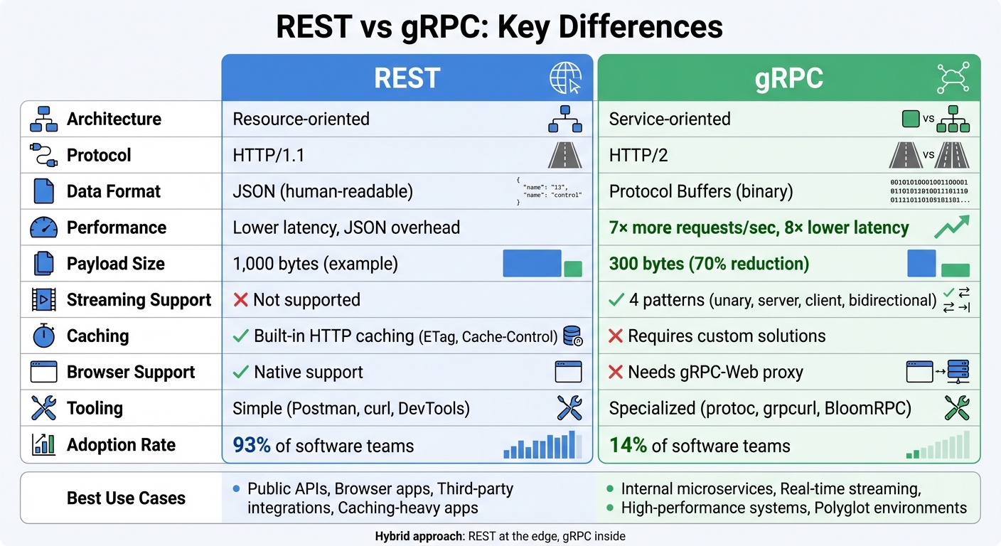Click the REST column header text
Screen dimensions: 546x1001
[x=407, y=77]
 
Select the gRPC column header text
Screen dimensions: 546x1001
[x=788, y=77]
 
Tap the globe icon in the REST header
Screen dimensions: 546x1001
[x=565, y=77]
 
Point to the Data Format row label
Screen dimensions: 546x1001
[x=114, y=191]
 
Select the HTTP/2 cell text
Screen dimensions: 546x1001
[x=638, y=155]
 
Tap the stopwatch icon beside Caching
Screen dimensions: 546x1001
[x=44, y=336]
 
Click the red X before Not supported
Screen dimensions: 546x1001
[x=240, y=300]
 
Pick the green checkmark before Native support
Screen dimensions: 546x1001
[x=242, y=372]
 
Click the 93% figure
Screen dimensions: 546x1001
[x=252, y=445]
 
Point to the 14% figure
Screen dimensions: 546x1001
[x=628, y=445]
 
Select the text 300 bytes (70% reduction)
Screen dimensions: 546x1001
[x=709, y=264]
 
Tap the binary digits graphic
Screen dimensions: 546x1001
[x=929, y=191]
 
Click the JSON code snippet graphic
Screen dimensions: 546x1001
[x=549, y=191]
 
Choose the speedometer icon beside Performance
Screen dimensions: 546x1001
[x=44, y=227]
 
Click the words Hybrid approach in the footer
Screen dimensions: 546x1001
[x=419, y=536]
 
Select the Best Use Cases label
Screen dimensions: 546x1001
[x=126, y=498]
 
